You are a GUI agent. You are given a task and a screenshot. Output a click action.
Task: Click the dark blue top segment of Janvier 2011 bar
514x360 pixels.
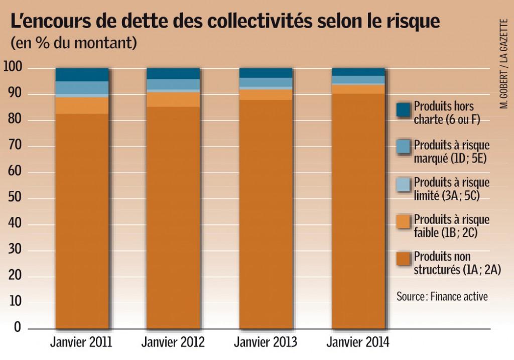(x=82, y=74)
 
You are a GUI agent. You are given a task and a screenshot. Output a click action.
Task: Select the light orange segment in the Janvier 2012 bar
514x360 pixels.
(x=173, y=99)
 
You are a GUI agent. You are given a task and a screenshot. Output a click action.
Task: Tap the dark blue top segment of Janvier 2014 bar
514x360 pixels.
(x=358, y=72)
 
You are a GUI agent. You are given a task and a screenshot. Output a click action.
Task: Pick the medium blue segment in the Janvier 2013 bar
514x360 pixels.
(x=266, y=82)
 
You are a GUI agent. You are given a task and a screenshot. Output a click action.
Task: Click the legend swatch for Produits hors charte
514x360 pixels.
(x=403, y=109)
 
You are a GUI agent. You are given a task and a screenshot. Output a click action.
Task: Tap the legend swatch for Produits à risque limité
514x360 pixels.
(x=403, y=184)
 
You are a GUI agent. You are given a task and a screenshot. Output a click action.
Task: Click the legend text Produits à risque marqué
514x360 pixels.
(x=451, y=151)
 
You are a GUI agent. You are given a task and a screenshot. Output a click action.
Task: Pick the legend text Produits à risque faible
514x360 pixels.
(x=451, y=225)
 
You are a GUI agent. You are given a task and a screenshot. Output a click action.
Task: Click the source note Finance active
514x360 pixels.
(x=442, y=296)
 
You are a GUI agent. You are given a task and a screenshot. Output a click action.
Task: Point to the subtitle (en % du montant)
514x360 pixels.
(x=73, y=43)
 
